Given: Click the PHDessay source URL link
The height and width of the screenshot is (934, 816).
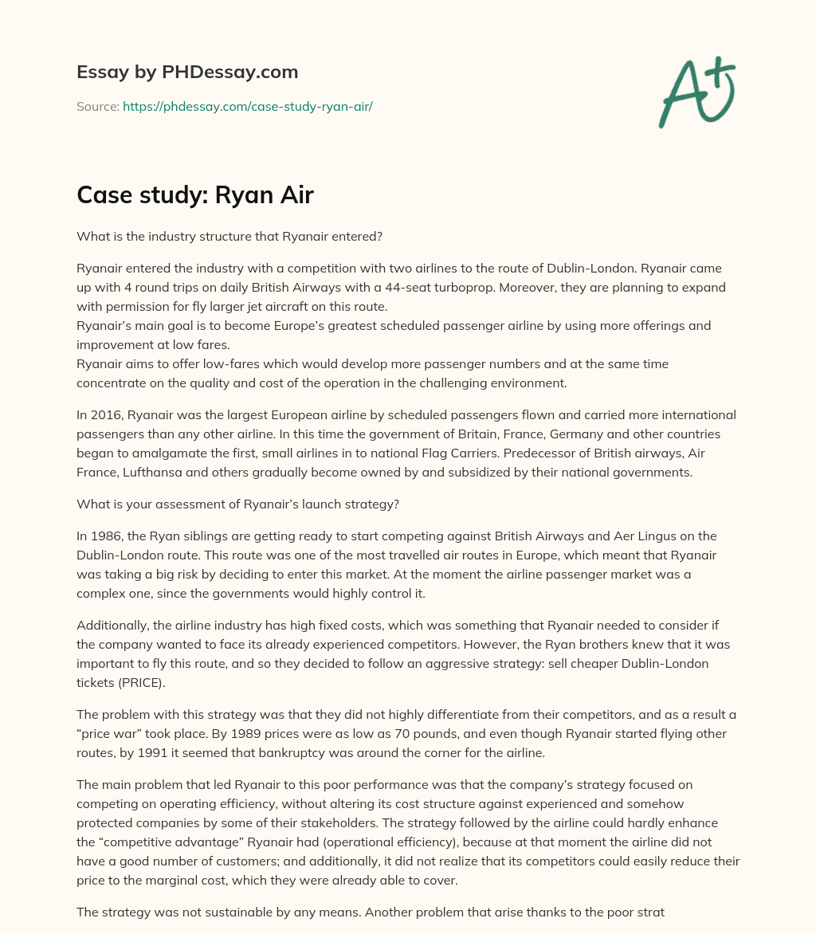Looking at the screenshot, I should pos(247,106).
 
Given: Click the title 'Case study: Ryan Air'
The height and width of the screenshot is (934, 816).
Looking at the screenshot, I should pos(195,196).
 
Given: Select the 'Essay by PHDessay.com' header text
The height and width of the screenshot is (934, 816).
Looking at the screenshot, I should pos(187,72).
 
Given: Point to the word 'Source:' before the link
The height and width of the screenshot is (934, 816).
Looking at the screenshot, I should pos(98,106).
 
